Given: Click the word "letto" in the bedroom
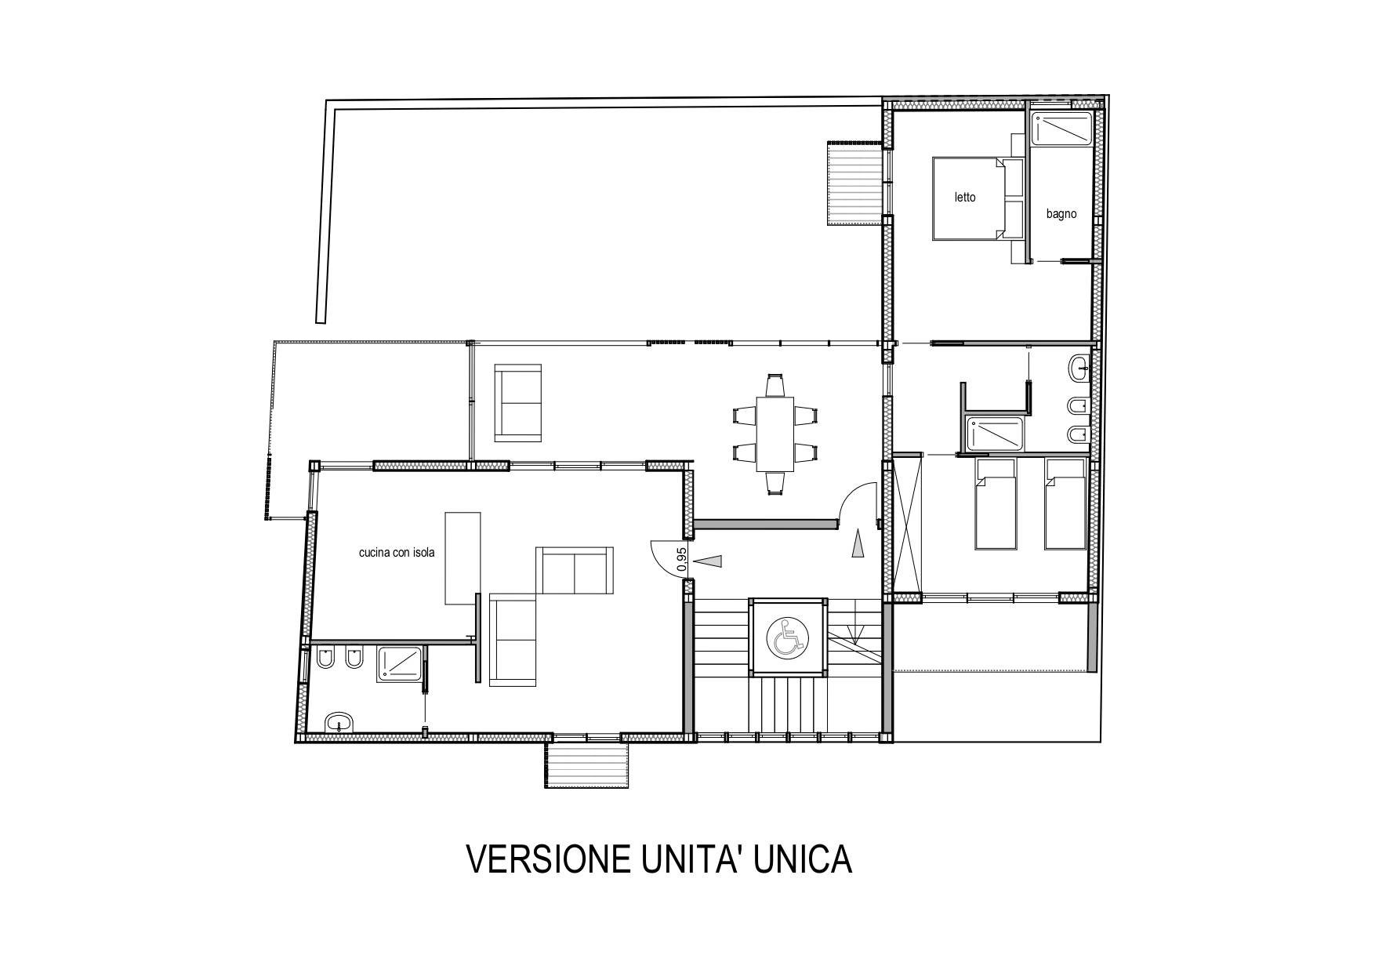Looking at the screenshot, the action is (x=965, y=198).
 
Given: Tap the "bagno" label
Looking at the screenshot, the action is (x=1061, y=214).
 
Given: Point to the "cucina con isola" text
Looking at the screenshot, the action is (x=397, y=553).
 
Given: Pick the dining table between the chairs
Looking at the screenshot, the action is (x=775, y=434).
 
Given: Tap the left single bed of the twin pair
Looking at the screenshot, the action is (x=995, y=503).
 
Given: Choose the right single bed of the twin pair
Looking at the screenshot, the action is (x=1065, y=503).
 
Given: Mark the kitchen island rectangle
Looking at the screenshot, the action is (x=463, y=557).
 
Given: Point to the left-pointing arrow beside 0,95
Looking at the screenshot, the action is (x=709, y=561).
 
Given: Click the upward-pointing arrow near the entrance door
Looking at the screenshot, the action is (x=858, y=543).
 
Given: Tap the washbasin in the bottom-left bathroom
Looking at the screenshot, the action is (x=339, y=722).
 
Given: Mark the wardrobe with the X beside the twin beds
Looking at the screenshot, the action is (x=908, y=521).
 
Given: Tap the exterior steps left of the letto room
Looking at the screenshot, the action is (x=855, y=183).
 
